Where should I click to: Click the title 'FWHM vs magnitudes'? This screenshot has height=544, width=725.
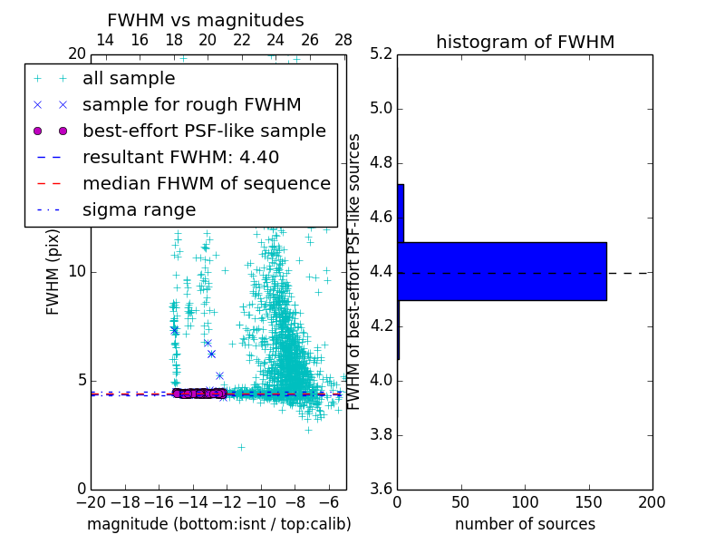click(206, 20)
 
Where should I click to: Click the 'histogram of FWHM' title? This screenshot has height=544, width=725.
click(525, 42)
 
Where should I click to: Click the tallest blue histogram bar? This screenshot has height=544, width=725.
click(502, 271)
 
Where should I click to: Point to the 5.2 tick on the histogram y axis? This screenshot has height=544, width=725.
click(382, 54)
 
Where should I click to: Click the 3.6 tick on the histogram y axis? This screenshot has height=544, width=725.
click(382, 489)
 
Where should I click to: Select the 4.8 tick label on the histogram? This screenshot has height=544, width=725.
click(382, 163)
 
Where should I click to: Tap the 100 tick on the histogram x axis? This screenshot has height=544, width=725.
click(525, 502)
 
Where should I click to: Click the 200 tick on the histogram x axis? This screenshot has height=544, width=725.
click(652, 502)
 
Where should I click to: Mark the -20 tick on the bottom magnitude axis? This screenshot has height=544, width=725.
click(91, 502)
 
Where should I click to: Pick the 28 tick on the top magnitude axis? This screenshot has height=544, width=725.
click(343, 40)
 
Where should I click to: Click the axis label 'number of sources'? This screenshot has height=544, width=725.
click(525, 524)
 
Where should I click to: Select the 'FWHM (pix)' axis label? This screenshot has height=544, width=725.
click(53, 272)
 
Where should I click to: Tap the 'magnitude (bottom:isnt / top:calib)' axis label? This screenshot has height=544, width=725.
click(218, 524)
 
